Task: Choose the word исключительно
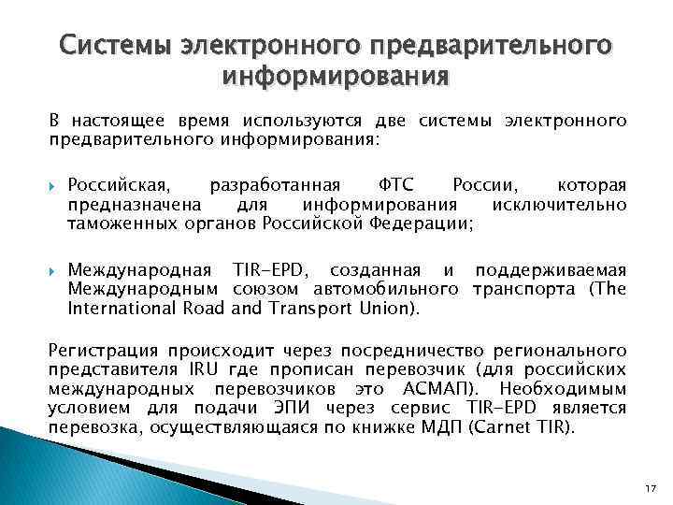tap(571, 204)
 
